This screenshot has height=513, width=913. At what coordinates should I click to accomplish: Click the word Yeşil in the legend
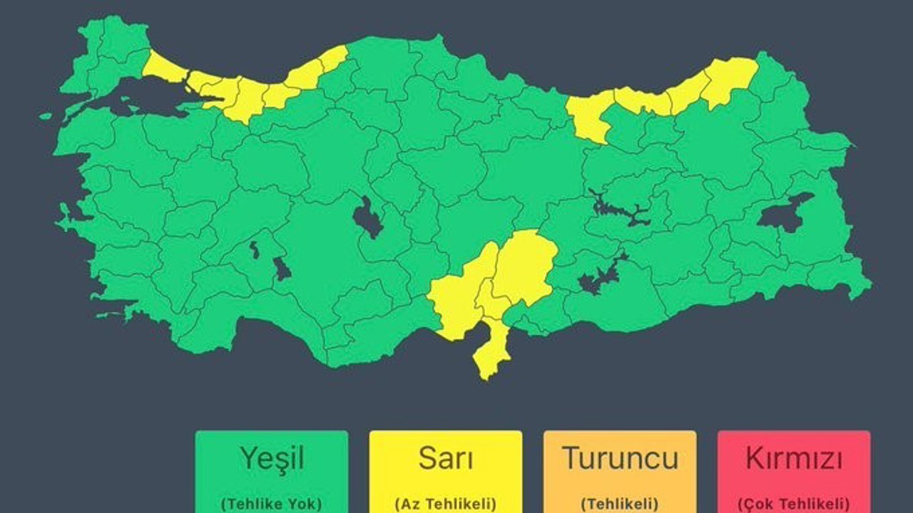(271, 459)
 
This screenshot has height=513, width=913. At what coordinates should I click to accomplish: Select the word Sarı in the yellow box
(445, 459)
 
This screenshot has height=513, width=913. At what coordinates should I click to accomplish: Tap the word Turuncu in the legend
(619, 458)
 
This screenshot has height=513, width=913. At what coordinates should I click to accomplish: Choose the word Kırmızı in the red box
(793, 459)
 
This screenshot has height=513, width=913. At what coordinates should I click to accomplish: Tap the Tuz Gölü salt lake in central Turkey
(369, 218)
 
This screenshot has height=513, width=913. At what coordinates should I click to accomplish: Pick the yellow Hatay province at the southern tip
(491, 349)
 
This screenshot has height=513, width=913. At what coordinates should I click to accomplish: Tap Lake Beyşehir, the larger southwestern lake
(282, 269)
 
